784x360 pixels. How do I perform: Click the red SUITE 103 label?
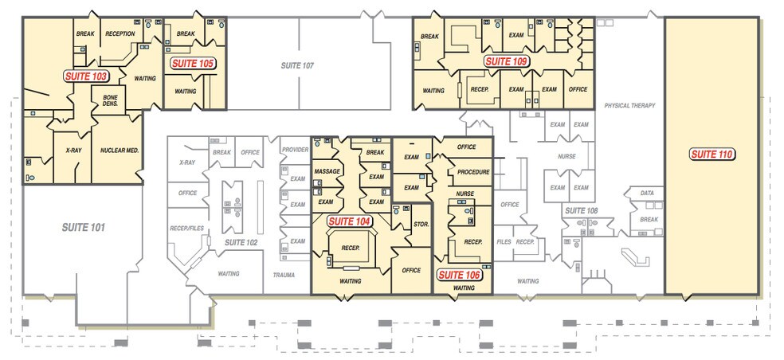86,76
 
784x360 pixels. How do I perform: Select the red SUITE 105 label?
193,64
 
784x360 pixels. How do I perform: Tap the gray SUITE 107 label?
297,65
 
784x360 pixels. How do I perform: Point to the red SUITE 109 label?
507,61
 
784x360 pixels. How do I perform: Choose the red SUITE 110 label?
711,154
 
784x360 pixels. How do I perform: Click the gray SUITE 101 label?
84,228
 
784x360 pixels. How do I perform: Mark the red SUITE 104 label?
351,221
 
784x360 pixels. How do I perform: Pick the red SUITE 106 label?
460,275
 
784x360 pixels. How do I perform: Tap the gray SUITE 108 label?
582,211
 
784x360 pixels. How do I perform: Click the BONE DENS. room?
110,100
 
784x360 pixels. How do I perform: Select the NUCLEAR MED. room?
119,150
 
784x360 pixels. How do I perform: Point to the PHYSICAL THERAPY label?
629,105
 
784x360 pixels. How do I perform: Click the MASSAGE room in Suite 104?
327,171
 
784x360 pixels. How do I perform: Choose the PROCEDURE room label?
473,172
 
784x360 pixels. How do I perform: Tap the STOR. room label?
421,225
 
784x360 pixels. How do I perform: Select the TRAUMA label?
284,275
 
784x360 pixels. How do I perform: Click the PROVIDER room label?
295,150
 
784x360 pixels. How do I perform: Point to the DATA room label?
647,193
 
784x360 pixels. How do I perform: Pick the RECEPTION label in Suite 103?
120,33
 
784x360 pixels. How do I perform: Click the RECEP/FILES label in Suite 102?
187,229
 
